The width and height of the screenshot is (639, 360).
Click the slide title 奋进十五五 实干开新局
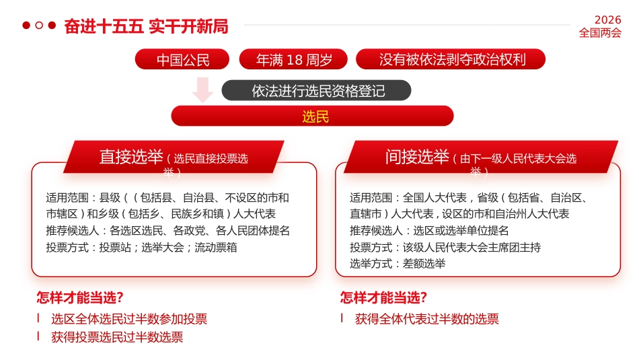[146, 26]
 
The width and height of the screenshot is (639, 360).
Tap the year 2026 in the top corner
[607, 20]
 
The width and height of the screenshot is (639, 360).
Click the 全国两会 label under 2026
[600, 33]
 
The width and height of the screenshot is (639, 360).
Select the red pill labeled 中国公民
[183, 60]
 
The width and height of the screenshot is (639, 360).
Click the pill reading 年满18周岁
[294, 60]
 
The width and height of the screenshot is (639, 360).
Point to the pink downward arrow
[202, 89]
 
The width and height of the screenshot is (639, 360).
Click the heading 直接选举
[132, 157]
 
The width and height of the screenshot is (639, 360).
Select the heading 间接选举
[417, 157]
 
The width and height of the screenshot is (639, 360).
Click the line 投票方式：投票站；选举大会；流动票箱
[141, 247]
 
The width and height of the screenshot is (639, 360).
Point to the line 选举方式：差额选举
[397, 263]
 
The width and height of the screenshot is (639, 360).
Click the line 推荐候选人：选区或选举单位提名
[429, 231]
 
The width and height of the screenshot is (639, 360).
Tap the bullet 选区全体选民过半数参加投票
[129, 319]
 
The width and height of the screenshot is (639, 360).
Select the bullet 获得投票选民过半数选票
[117, 337]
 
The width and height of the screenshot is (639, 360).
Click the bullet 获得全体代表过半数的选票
[426, 319]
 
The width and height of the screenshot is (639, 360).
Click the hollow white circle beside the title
[39, 26]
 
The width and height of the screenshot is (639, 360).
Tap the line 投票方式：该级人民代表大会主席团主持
[445, 247]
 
